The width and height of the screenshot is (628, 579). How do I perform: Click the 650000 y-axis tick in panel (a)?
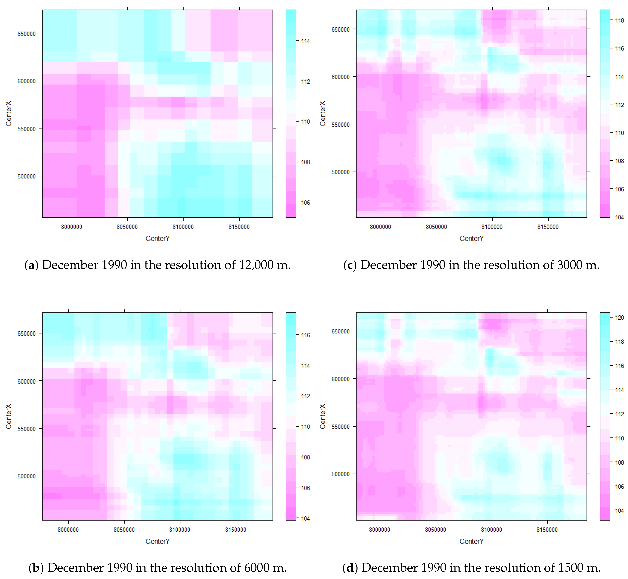pos(26,34)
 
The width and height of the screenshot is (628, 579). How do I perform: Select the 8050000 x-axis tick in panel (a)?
pos(127,227)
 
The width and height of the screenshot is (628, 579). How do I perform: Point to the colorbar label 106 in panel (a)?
pos(305,203)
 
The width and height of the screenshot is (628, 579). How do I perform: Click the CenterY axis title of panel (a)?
pos(157,238)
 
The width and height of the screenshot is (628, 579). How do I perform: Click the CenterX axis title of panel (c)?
pos(323,113)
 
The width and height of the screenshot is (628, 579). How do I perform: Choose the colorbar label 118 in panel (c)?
pos(619,21)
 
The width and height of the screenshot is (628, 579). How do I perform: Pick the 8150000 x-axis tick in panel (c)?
pos(548,227)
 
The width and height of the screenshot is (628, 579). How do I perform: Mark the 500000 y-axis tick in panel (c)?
pos(340,172)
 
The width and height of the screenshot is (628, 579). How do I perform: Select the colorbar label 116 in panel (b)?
pos(305,335)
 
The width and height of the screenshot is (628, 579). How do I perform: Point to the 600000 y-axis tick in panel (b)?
pos(26,381)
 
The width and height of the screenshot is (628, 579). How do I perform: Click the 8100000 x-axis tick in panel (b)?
pos(180,529)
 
